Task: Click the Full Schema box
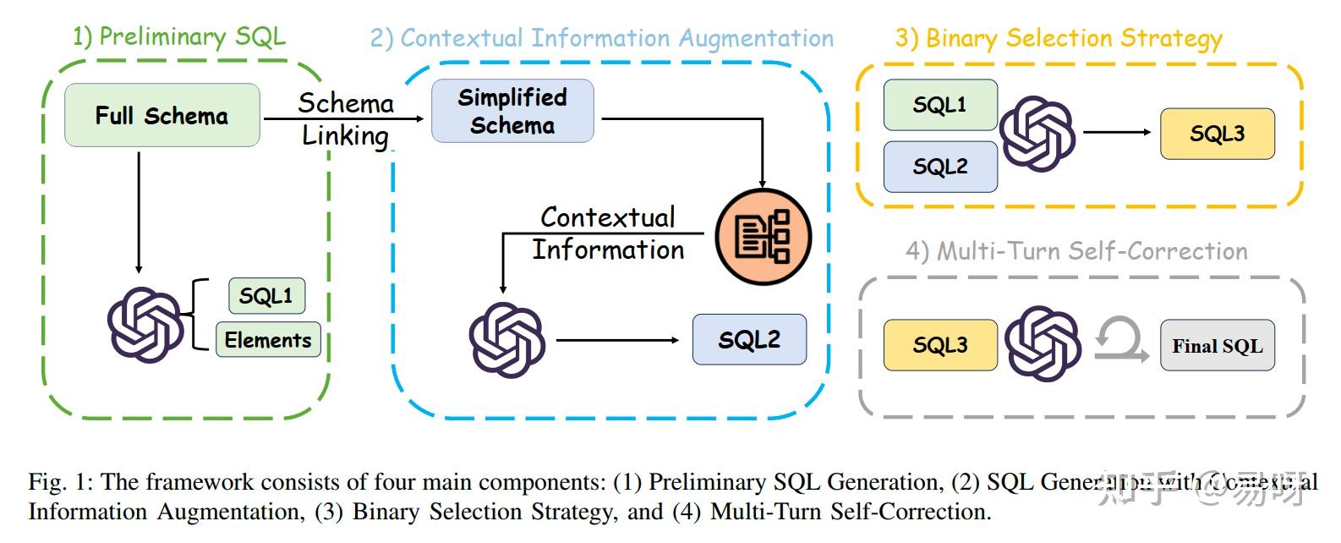coord(161,115)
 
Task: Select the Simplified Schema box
coord(512,111)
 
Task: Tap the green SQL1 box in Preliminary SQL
coord(266,296)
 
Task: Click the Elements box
coord(268,340)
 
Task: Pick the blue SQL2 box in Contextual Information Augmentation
coord(749,339)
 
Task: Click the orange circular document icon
coord(764,236)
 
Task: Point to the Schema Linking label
coord(346,119)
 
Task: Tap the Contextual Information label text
coord(607,233)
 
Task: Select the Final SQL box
coord(1217,345)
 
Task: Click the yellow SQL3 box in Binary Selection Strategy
coord(1217,134)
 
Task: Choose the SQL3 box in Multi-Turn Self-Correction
coord(939,345)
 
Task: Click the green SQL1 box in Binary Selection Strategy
coord(939,105)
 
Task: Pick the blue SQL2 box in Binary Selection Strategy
coord(939,167)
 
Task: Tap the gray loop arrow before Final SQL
coord(1121,340)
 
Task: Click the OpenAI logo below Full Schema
coord(145,325)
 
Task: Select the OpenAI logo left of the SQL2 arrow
coord(507,339)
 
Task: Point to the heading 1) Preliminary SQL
coord(179,36)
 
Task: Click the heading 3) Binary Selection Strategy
coord(1059,38)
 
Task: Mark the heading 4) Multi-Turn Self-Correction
coord(1076,251)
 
